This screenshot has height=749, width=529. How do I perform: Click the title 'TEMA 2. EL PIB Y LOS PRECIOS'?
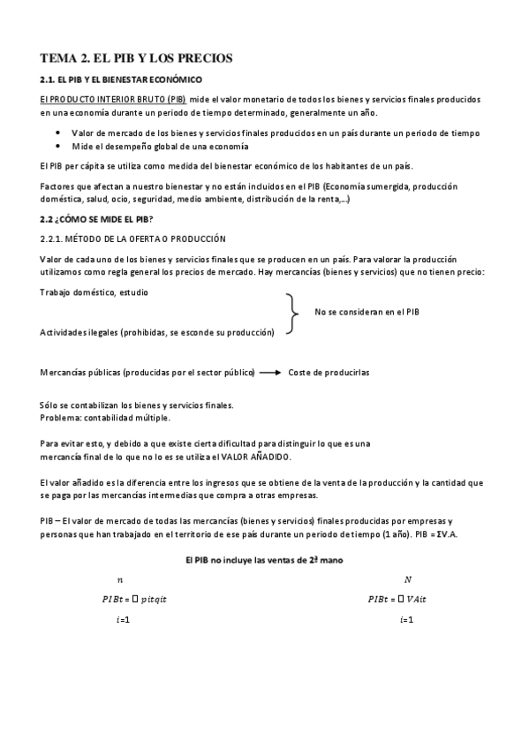click(x=136, y=58)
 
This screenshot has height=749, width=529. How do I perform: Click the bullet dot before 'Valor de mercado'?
click(x=58, y=132)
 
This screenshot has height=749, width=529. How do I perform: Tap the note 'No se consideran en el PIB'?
click(x=367, y=312)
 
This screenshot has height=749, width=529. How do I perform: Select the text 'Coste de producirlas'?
click(x=329, y=373)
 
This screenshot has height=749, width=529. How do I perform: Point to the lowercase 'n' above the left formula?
click(x=120, y=579)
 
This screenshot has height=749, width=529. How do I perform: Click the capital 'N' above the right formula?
click(x=407, y=579)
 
